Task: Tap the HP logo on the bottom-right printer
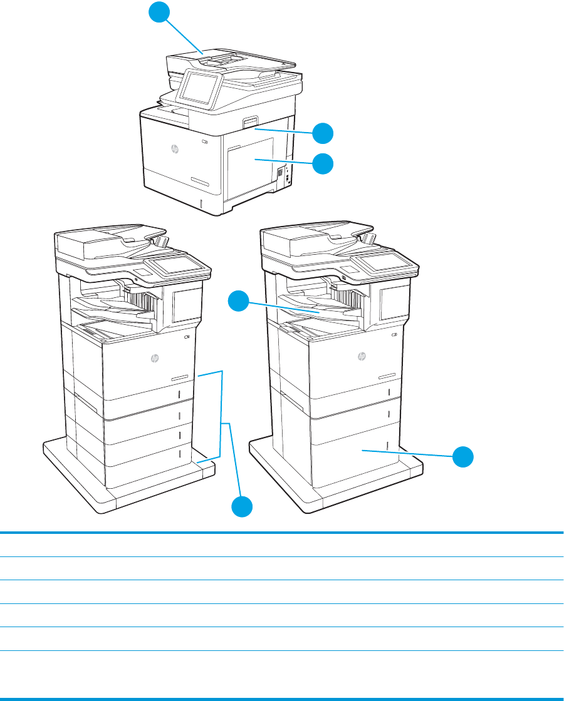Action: coord(361,357)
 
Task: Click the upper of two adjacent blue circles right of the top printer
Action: coord(323,133)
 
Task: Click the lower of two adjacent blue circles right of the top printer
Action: coord(323,164)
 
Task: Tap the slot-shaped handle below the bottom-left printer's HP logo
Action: coord(179,378)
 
